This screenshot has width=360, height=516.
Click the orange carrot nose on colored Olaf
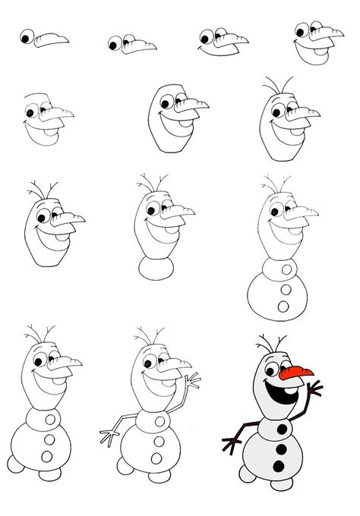tap(296, 373)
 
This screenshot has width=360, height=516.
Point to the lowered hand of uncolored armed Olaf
tap(106, 438)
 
